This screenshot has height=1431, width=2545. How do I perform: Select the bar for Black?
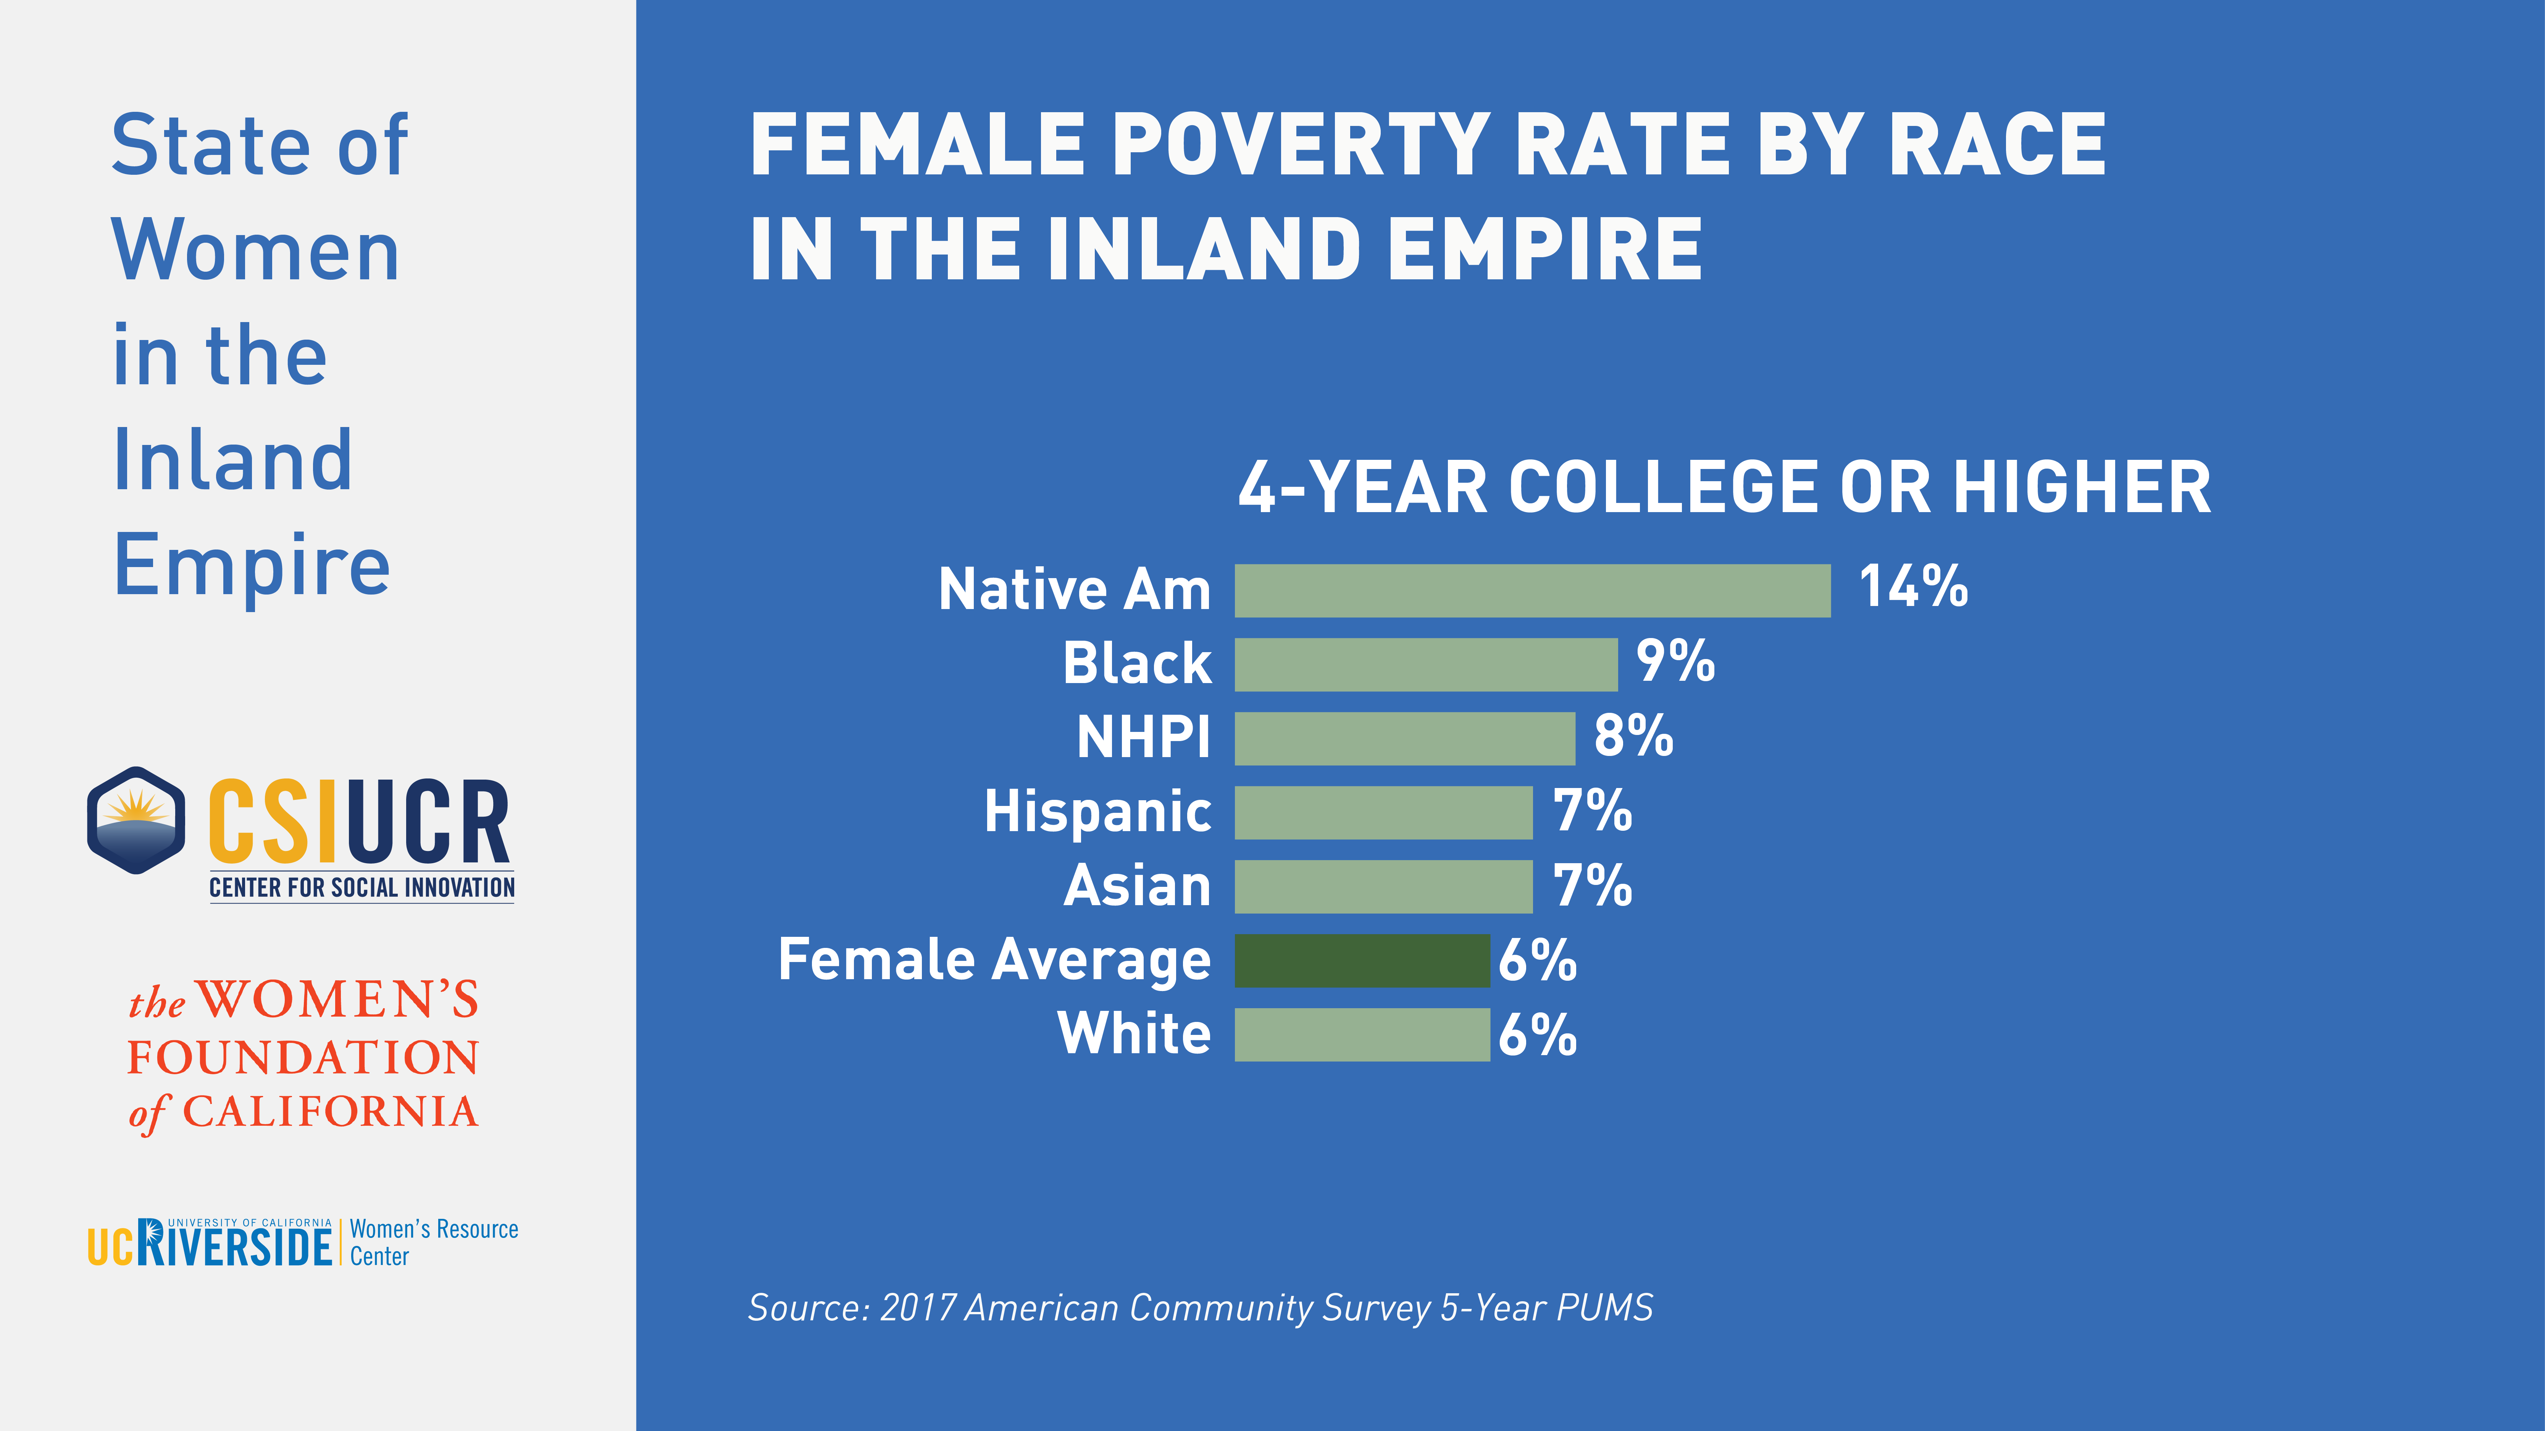point(1426,665)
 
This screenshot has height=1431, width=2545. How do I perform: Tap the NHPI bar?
point(1404,739)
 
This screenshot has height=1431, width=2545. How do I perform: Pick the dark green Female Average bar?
point(1361,961)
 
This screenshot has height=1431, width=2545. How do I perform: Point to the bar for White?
point(1361,1035)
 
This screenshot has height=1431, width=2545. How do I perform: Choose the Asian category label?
point(1137,886)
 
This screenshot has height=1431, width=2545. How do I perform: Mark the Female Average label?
point(994,960)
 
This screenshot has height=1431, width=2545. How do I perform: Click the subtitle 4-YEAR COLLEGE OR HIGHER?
point(1724,488)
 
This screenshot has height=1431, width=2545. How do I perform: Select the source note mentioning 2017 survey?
point(1199,1308)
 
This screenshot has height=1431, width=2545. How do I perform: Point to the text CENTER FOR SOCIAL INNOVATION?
point(361,888)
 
